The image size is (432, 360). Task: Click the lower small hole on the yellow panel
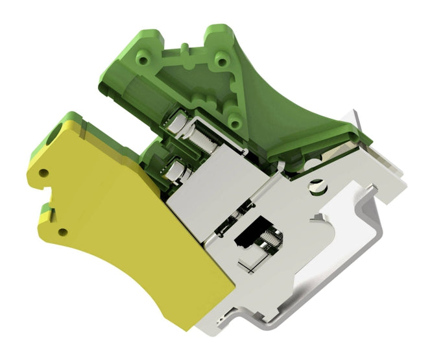(63, 232)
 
